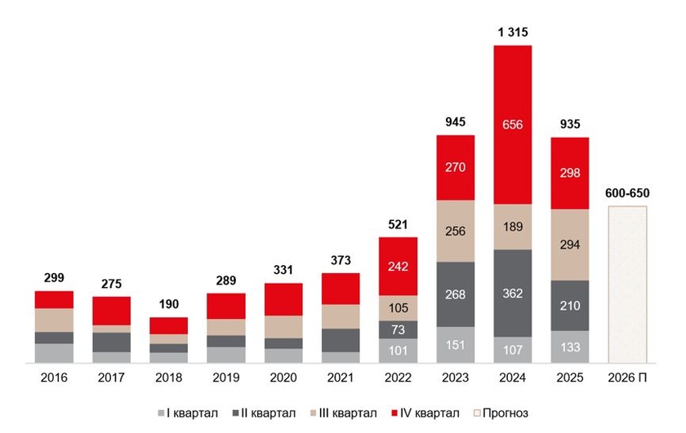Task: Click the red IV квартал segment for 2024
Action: pos(513,124)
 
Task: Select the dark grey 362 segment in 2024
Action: pos(513,293)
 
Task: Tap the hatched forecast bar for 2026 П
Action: pos(627,283)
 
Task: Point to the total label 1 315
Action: pos(513,33)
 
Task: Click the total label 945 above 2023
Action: pos(456,123)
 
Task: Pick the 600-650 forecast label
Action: pos(627,194)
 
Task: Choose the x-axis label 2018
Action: pos(168,378)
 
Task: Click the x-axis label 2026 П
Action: pos(627,378)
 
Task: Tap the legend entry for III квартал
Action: pos(345,413)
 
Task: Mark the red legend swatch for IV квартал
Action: pos(397,413)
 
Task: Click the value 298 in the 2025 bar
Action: pos(570,173)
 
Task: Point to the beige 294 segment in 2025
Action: pos(570,245)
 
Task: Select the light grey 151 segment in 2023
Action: pos(456,344)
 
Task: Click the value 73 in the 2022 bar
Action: pos(398,329)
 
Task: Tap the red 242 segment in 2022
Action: pos(398,266)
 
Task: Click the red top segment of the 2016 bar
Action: pos(54,299)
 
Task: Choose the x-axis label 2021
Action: pos(341,378)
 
